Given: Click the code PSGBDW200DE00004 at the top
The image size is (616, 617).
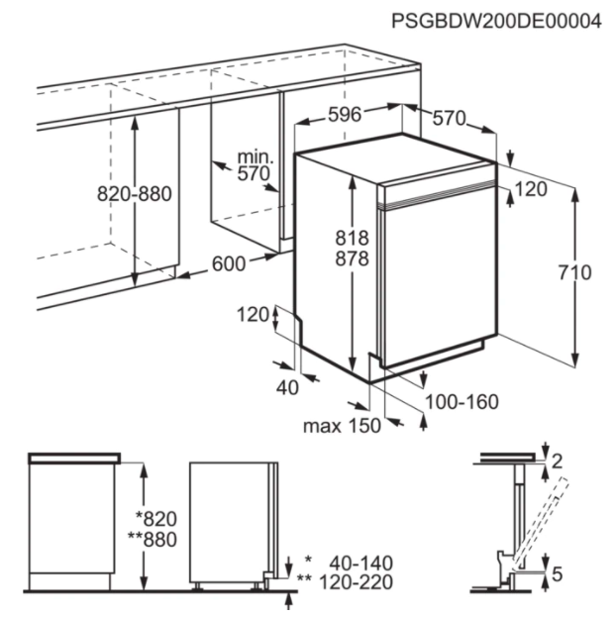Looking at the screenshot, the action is point(496,21).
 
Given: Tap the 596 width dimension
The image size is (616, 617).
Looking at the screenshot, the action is point(345,115).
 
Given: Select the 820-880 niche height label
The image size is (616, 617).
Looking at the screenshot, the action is point(135,194).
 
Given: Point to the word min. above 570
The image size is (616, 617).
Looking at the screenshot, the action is point(256,157).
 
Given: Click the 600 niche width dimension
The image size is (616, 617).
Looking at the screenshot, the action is point(229,263).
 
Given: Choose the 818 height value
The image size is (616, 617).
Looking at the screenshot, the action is point(352,238).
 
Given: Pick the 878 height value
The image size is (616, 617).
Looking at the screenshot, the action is point(352,258).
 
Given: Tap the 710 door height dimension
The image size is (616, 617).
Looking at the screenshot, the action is point(574,272).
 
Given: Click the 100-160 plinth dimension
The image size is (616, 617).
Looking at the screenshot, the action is point(462,402).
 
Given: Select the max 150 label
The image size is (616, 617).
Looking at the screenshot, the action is point(342,426).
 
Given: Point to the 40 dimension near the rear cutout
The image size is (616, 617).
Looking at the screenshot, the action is point(287,388).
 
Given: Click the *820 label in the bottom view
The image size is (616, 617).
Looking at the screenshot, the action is point(155,519).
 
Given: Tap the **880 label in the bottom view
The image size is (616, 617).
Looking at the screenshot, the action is point(153,540).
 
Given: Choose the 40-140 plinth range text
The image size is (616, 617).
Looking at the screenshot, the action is point(360,564).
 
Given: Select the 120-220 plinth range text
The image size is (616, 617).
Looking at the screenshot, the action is point(356,582).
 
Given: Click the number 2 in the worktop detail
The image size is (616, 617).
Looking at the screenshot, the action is point(557,462).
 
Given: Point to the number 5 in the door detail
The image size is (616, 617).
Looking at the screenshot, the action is point(557,574).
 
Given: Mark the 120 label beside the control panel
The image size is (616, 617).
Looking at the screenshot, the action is point(531,189).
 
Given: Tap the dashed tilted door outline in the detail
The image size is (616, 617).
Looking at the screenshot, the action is point(539,524).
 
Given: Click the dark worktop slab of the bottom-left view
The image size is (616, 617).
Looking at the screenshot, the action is point(74,459).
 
